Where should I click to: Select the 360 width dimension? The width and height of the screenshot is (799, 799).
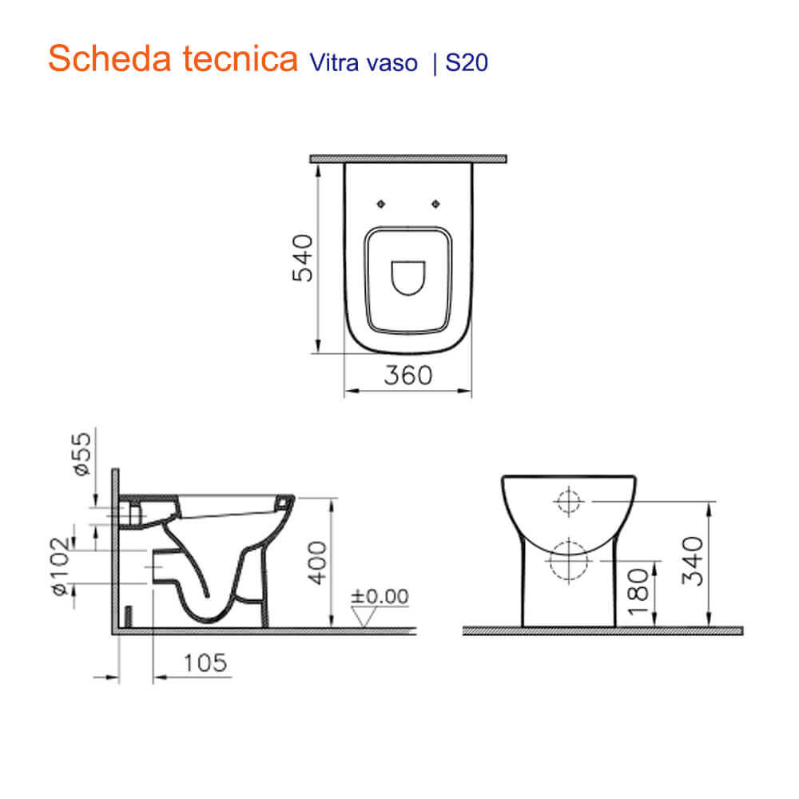(x=407, y=375)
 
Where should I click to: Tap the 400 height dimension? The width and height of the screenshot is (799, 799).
(x=318, y=562)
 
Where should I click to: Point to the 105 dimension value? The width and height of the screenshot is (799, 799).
(x=203, y=662)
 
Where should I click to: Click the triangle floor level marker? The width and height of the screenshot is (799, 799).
(x=366, y=616)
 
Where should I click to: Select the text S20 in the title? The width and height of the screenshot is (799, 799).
(x=467, y=63)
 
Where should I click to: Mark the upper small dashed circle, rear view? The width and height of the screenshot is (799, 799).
(x=568, y=501)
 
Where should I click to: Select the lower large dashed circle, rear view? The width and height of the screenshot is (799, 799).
(x=568, y=560)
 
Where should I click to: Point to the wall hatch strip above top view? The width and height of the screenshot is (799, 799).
(x=407, y=159)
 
